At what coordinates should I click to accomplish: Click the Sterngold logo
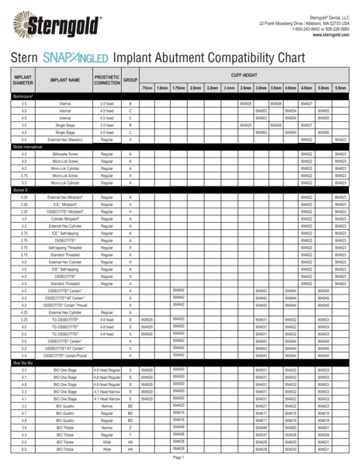(x=51, y=22)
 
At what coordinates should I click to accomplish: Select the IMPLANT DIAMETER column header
(x=23, y=79)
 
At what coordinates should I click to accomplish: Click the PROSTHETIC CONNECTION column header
(x=106, y=79)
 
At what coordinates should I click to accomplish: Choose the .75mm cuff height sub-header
(x=147, y=88)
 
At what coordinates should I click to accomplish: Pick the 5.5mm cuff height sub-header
(x=341, y=88)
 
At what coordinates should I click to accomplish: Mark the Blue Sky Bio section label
(x=22, y=363)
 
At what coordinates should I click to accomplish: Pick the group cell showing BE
(x=130, y=406)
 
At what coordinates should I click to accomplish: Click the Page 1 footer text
(x=178, y=458)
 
